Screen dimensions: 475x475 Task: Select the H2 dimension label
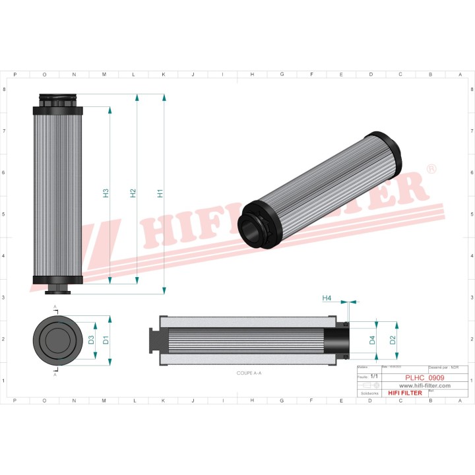click(133, 193)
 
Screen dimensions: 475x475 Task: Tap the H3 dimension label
click(106, 193)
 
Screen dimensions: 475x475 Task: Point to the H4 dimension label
click(327, 298)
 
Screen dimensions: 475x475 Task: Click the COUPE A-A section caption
click(249, 373)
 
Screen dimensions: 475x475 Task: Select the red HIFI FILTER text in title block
click(405, 393)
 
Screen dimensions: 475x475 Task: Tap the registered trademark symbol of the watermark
click(431, 170)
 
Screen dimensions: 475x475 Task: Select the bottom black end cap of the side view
click(57, 281)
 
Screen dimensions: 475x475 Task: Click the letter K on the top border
click(163, 75)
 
